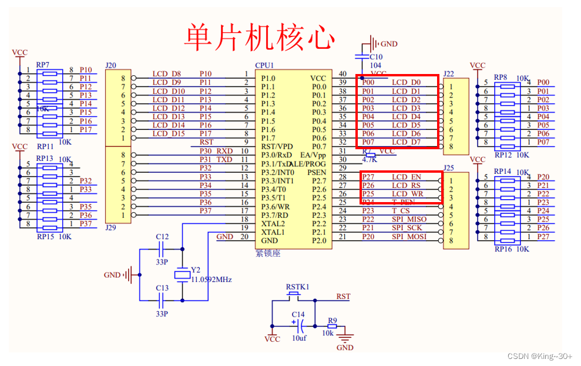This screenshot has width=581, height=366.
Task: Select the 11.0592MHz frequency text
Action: (211, 280)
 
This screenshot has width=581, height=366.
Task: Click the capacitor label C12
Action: (162, 237)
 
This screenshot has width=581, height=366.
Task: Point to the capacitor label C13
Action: (162, 288)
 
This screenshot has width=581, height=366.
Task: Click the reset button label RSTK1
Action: (297, 287)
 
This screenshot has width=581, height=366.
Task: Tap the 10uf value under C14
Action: (299, 338)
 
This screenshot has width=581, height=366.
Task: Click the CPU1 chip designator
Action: (264, 65)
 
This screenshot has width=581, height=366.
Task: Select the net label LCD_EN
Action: (407, 177)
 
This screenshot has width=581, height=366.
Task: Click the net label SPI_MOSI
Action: (409, 237)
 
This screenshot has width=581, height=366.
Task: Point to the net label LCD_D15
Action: (169, 134)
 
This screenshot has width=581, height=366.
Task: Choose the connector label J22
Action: (449, 73)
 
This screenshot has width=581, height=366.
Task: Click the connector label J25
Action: (449, 168)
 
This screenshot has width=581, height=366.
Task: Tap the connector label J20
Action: (110, 65)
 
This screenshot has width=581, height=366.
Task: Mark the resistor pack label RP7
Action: (43, 65)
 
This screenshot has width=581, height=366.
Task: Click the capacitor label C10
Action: (377, 57)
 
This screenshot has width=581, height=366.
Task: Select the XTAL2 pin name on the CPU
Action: (273, 224)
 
